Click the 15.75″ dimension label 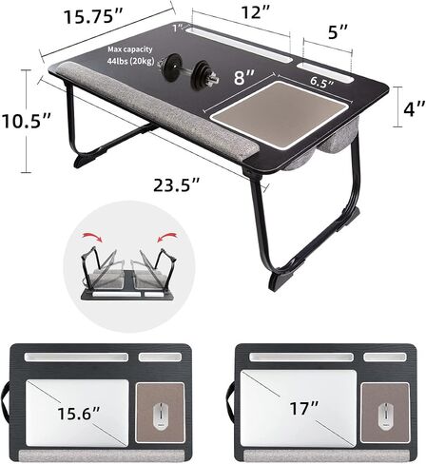93,16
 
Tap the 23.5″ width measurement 177,185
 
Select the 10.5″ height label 26,121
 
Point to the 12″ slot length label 256,12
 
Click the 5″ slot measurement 339,31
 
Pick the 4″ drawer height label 415,108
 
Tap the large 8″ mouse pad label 244,77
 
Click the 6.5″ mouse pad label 321,82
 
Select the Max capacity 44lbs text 130,55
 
